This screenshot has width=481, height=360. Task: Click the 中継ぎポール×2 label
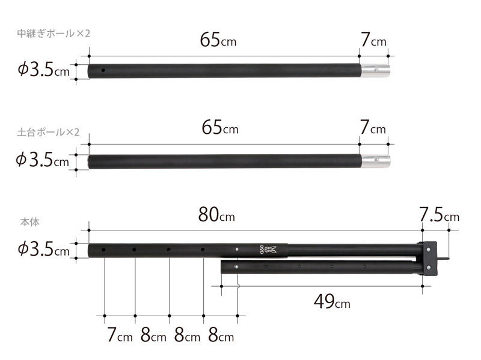pyautogui.click(x=54, y=34)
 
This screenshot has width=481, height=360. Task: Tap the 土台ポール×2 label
pyautogui.click(x=48, y=132)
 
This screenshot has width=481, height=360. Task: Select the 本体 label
pyautogui.click(x=29, y=222)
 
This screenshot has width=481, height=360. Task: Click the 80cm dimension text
pyautogui.click(x=216, y=215)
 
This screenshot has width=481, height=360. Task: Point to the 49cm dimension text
pyautogui.click(x=332, y=302)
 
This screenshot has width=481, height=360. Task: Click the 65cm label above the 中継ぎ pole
pyautogui.click(x=218, y=40)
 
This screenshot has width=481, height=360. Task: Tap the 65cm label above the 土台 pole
pyautogui.click(x=220, y=128)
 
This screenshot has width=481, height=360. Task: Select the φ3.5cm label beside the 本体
pyautogui.click(x=43, y=249)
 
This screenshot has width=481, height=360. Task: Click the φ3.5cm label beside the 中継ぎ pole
pyautogui.click(x=43, y=70)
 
